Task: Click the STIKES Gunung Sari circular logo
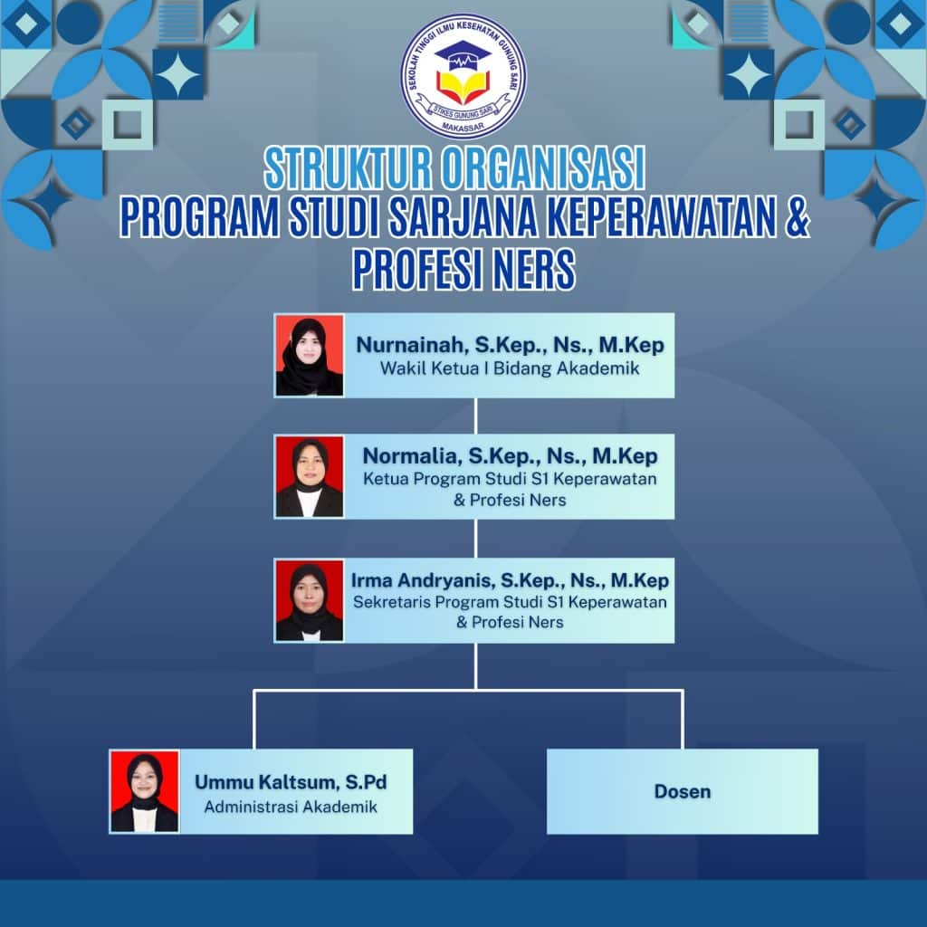point(463,76)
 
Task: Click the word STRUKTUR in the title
point(349,168)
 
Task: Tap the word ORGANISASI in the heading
point(544,168)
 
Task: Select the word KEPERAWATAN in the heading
point(661,217)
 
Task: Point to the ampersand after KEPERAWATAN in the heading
point(798,217)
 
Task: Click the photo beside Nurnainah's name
point(310,355)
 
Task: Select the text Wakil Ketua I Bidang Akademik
point(510,368)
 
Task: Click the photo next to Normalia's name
point(310,477)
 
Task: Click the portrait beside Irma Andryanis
point(310,601)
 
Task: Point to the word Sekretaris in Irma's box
point(387,602)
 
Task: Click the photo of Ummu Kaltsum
point(144,791)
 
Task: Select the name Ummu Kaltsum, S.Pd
point(291,782)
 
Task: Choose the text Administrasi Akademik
point(291,807)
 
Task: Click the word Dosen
point(683,791)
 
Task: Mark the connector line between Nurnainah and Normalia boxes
point(476,416)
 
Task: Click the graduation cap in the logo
point(463,54)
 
